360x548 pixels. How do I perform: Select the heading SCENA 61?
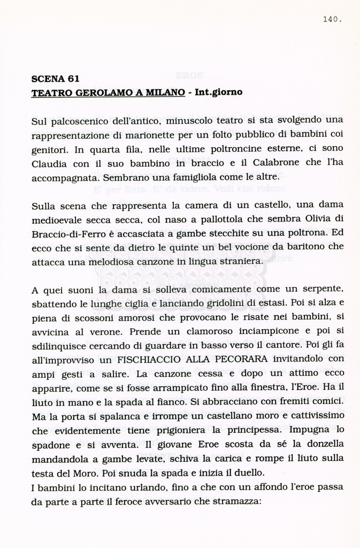[56, 79]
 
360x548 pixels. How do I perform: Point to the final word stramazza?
[234, 503]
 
